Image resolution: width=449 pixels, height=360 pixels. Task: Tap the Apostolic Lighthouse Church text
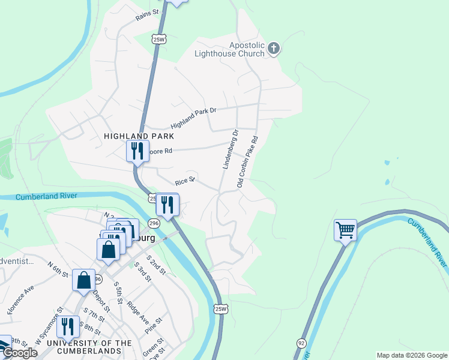tap(230, 49)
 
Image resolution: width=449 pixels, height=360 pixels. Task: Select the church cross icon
tap(274, 49)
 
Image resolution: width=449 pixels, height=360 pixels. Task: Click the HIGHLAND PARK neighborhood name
tap(134, 136)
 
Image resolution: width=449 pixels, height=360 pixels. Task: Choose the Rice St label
tap(185, 181)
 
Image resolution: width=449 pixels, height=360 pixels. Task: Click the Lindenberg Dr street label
tap(231, 149)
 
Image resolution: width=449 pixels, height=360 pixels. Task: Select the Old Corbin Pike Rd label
tap(247, 161)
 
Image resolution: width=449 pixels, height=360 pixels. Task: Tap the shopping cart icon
tap(345, 229)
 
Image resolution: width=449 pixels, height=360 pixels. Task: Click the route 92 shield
tap(300, 343)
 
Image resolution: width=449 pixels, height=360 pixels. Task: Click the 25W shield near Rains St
tap(158, 40)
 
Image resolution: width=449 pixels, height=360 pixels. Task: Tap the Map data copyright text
tap(411, 355)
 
